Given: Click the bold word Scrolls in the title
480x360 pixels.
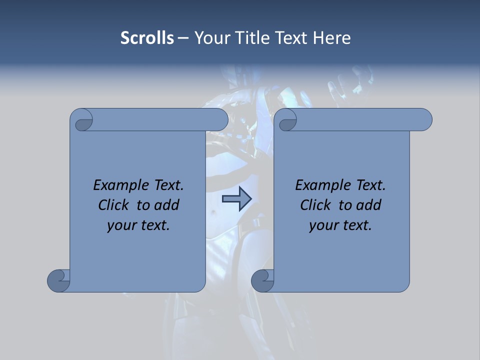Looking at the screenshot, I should (x=147, y=38).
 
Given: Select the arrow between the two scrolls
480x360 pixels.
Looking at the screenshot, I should (x=236, y=198).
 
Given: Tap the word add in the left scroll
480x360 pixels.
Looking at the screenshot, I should (x=167, y=205).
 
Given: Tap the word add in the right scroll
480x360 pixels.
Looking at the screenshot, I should (x=369, y=205).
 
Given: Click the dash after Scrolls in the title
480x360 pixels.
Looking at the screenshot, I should (x=183, y=38).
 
